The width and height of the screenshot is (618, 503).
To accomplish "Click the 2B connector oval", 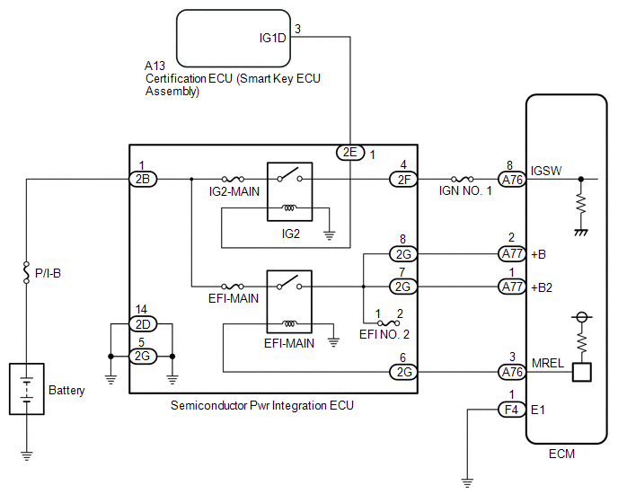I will click(142, 180).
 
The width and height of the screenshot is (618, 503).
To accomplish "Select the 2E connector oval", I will click(349, 154).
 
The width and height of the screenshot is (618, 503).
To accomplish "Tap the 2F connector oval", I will click(402, 180).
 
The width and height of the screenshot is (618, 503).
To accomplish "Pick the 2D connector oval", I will click(142, 323).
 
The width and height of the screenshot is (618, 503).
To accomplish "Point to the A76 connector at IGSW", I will click(511, 180).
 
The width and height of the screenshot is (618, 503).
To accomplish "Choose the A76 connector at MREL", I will click(511, 372).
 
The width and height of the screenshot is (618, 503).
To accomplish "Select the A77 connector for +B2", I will click(511, 287).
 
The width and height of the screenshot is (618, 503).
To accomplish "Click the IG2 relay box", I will click(289, 192).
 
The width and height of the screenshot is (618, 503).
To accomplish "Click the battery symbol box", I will click(27, 388).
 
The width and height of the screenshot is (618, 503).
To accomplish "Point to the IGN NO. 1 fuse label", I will click(465, 191).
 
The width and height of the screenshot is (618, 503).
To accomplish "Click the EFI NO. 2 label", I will click(384, 333).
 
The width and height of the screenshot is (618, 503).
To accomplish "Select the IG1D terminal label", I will click(271, 38).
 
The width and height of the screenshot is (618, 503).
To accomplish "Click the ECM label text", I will click(561, 453).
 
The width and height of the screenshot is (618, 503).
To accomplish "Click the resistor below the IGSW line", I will click(581, 205).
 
